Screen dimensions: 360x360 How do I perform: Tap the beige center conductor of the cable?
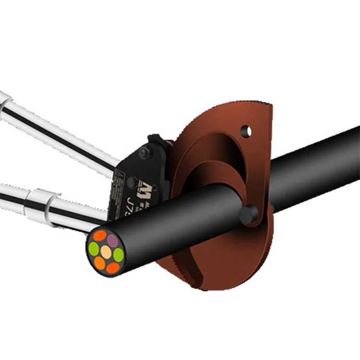[106, 252]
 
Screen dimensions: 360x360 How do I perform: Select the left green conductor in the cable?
[94, 248]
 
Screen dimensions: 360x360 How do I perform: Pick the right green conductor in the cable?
[118, 255]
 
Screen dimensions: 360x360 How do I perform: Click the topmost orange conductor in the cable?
[99, 236]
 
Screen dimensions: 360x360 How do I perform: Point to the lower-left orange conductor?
[100, 263]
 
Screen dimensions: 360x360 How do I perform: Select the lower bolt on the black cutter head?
[132, 181]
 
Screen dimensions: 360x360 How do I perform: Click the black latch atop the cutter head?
[158, 142]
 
